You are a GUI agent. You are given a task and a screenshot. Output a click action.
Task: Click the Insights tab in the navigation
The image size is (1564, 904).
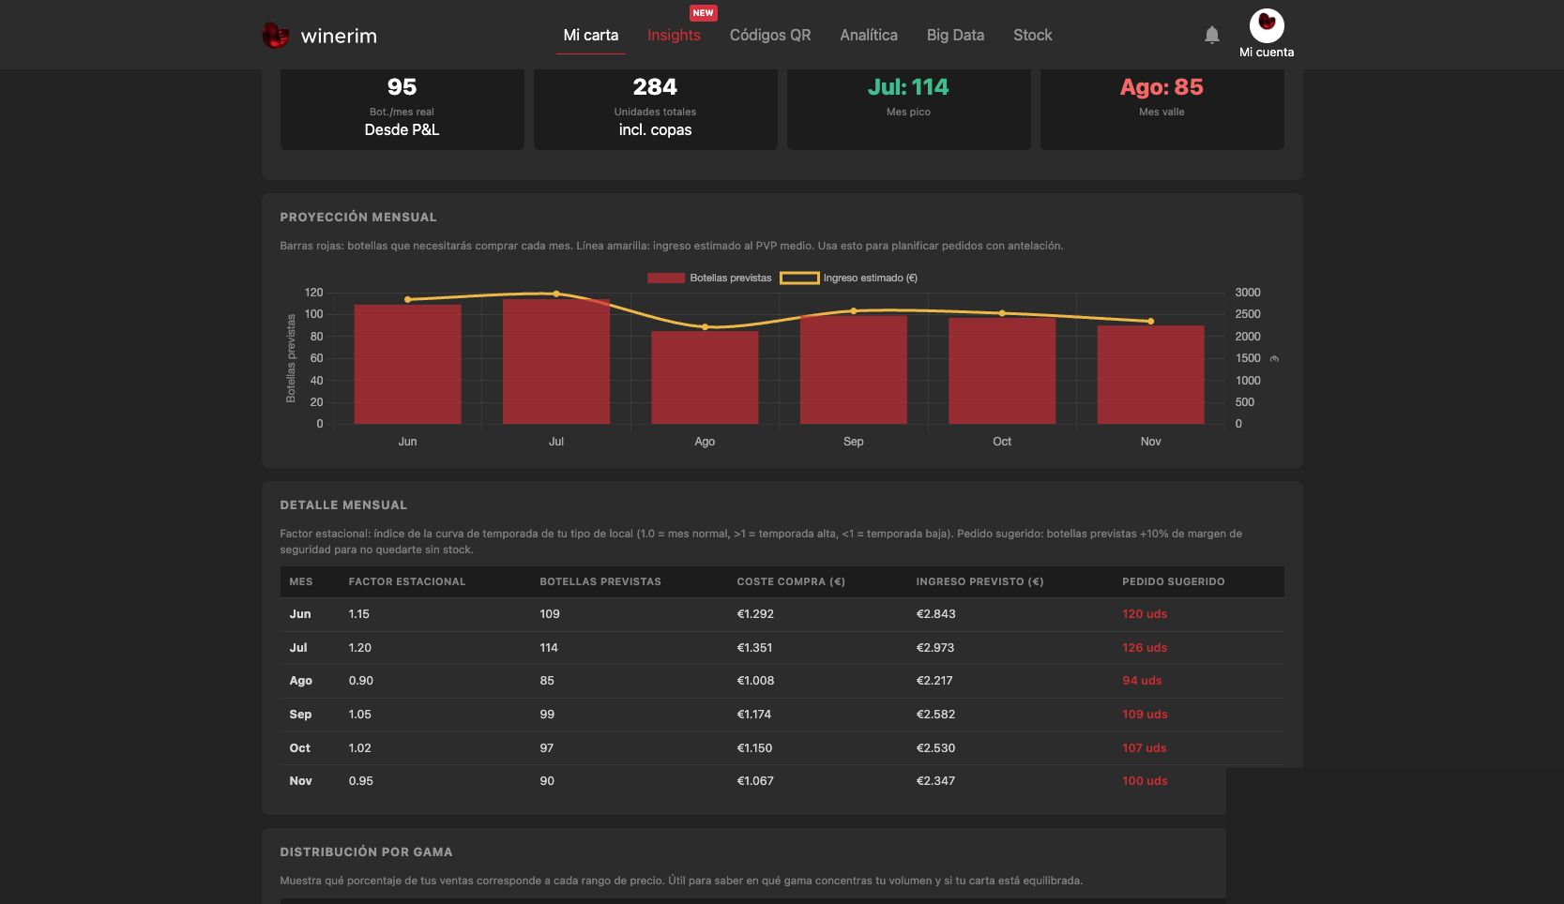point(674,35)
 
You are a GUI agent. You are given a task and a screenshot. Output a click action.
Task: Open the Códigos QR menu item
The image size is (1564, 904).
point(770,35)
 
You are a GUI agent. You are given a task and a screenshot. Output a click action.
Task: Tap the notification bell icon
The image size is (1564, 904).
point(1212,35)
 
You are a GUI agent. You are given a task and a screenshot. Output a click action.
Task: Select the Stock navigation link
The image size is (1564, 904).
point(1033,35)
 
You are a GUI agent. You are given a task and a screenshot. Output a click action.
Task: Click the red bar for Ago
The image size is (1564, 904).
point(705,377)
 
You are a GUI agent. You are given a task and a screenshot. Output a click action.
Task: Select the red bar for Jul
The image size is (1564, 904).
point(555,362)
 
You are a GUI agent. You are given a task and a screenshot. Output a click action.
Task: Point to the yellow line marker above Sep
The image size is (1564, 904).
point(853,310)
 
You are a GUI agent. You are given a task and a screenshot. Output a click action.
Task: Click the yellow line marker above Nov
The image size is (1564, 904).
point(1150,321)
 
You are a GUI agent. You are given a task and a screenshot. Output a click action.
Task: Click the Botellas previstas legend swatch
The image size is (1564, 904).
point(665,278)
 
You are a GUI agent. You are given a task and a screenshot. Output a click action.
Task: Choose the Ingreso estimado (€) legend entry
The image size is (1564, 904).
point(848,278)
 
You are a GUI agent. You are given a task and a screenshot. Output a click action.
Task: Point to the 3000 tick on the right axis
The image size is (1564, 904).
point(1247,293)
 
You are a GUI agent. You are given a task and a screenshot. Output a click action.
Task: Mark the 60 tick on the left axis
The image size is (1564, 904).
point(316,358)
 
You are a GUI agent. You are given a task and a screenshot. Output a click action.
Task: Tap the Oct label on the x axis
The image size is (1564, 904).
point(1002,441)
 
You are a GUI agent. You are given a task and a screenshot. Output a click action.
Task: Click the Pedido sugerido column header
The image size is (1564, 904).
point(1173,581)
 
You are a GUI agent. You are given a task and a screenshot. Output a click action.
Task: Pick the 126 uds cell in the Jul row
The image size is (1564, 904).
point(1145,647)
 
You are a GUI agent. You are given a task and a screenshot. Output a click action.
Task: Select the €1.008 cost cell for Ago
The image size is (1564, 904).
point(755,681)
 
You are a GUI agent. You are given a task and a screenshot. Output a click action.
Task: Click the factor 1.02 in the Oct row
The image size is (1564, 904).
point(359,747)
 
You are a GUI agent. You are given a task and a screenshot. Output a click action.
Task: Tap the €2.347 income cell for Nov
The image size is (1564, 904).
point(935,780)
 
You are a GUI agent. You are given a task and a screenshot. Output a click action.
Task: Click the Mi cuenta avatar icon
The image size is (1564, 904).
point(1267,25)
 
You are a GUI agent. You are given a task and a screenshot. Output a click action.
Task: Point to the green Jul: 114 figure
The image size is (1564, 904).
point(907,86)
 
